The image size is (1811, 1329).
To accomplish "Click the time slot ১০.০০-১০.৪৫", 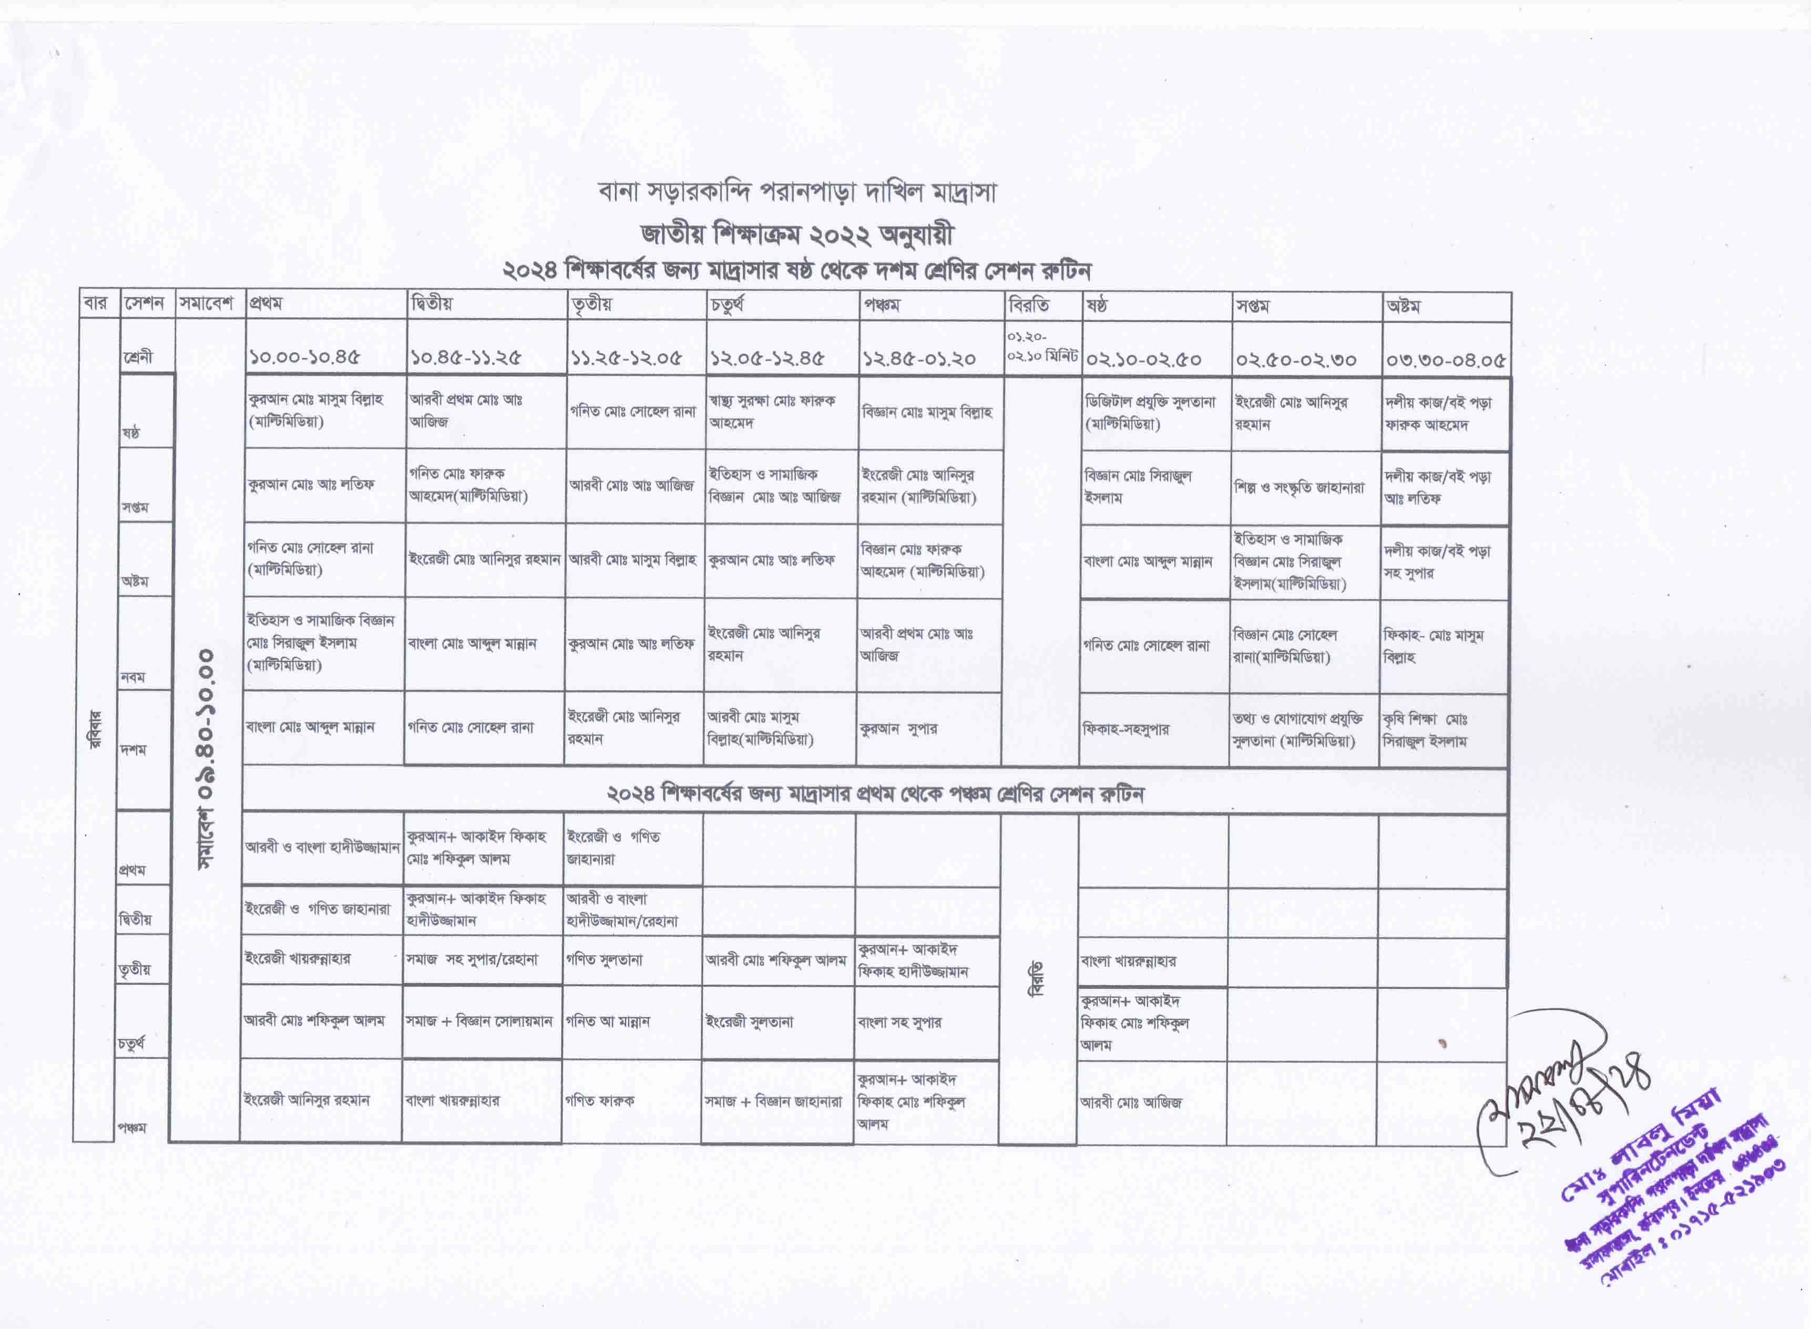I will pos(305,358).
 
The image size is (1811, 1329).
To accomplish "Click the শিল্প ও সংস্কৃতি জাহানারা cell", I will pos(1300,487).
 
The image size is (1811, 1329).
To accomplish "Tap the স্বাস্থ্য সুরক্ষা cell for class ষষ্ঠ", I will pos(772,411).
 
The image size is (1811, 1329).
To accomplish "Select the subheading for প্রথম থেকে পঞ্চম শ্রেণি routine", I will pos(875,794).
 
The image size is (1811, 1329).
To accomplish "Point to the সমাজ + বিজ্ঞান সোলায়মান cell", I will pos(479,1021).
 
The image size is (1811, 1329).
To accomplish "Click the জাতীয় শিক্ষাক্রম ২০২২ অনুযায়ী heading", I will pos(796,234).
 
